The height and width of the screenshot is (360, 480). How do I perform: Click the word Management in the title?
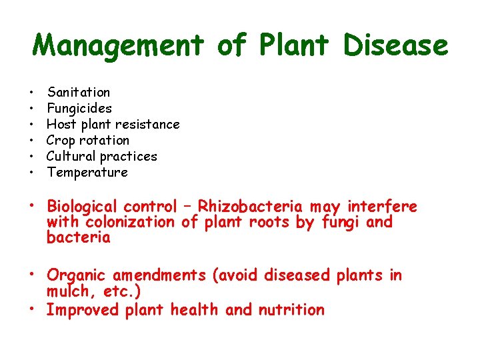(x=117, y=46)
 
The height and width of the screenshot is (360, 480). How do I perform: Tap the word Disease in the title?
(x=396, y=46)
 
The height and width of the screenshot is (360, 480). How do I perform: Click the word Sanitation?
(x=79, y=92)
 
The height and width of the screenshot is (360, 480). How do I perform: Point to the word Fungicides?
(x=79, y=108)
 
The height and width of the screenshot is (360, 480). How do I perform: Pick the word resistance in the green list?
(x=147, y=124)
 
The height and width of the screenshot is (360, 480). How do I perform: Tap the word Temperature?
(x=87, y=172)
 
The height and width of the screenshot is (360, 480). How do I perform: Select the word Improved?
(x=82, y=310)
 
